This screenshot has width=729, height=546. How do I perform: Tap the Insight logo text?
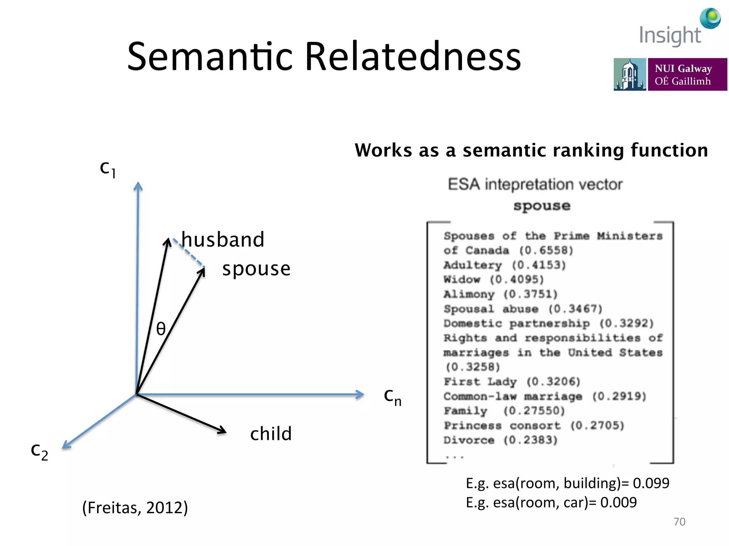coord(670,36)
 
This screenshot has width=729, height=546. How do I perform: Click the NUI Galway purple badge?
coord(687,75)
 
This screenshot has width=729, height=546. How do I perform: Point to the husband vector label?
coord(223,239)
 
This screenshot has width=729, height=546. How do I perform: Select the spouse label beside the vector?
coord(256,269)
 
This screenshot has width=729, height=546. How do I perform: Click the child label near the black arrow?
coord(271,434)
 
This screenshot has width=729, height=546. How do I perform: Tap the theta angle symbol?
coord(161,329)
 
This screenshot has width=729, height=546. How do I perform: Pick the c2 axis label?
coord(39,451)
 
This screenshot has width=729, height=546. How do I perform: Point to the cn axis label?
coord(392,397)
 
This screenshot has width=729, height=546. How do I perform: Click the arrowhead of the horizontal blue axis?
coord(360,394)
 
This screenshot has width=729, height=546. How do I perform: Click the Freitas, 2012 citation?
coord(135,508)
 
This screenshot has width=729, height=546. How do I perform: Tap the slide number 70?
coord(679,521)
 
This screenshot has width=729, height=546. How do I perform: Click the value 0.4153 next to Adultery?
coord(539,265)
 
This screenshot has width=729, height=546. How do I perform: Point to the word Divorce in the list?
coord(469,440)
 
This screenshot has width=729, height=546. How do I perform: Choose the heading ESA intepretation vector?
coord(535,184)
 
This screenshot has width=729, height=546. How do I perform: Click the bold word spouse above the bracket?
coord(542,206)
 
